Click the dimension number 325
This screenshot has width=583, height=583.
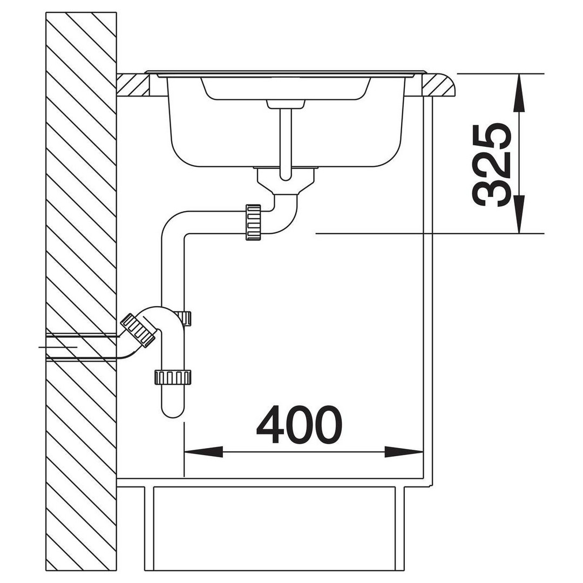[x=491, y=165]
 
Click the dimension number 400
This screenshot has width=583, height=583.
[x=299, y=424]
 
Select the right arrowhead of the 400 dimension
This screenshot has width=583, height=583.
[x=404, y=452]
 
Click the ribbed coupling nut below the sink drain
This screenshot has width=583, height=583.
[x=253, y=222]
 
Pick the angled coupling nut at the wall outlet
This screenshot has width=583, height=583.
[x=138, y=330]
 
